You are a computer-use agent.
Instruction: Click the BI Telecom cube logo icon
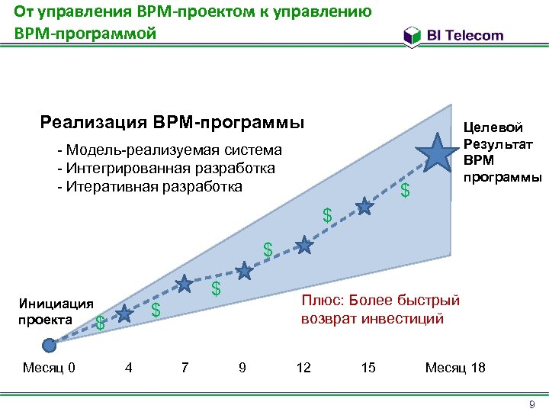tap(412, 36)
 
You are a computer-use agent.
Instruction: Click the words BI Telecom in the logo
tap(465, 35)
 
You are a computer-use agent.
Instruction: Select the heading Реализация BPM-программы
tap(172, 123)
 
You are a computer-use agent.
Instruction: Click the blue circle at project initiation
tap(50, 345)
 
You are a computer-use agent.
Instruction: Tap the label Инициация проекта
tap(56, 311)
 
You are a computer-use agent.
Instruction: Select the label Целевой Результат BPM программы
tap(502, 152)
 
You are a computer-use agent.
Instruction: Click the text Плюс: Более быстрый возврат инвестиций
tap(381, 309)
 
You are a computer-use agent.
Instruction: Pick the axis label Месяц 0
tap(49, 369)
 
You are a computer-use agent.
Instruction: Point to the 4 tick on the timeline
tap(129, 369)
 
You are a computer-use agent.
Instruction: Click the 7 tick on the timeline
tap(185, 369)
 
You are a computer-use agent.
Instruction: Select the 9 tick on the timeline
tap(242, 369)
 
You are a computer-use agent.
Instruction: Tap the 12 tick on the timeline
tap(303, 369)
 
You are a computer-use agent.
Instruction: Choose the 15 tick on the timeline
tap(368, 369)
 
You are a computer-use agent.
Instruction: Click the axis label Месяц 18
tap(455, 369)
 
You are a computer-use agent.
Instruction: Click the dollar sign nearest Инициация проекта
tap(100, 323)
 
